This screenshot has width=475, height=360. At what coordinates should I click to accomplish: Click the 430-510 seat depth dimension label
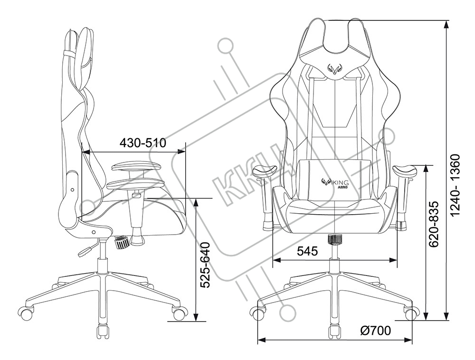[x=142, y=142]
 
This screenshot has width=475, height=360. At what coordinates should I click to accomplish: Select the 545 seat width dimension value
[x=307, y=252]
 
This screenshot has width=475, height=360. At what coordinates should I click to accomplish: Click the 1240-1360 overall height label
[x=455, y=185]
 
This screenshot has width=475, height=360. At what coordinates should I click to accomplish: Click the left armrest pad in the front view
[x=266, y=170]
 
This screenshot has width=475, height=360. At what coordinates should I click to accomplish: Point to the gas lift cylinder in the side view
[x=101, y=266]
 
